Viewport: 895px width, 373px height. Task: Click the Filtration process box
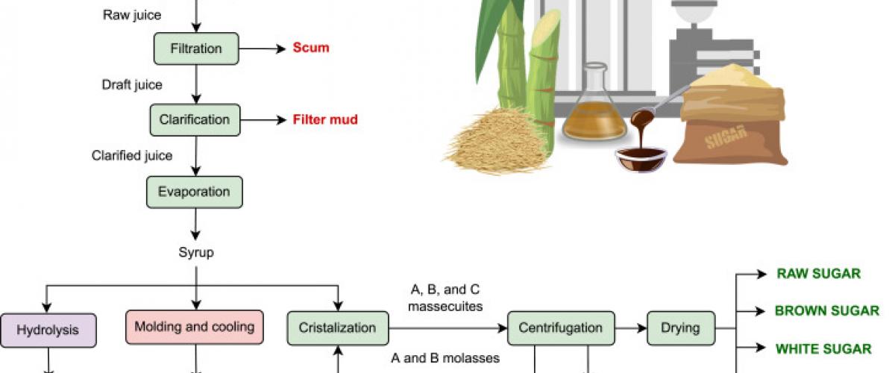(196, 48)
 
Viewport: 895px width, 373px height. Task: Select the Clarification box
(195, 119)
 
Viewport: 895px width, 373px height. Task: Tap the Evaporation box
(194, 192)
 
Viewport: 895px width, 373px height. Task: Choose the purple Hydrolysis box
(48, 328)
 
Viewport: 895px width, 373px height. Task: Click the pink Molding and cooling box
(195, 327)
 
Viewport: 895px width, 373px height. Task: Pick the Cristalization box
(338, 327)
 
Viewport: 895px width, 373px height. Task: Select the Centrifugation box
(560, 327)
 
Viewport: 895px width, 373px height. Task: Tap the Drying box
(680, 327)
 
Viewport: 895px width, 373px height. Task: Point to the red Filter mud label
(325, 119)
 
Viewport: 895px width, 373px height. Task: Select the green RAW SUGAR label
(819, 274)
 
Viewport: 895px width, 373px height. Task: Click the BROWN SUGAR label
(827, 310)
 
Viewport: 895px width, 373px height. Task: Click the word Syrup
(196, 252)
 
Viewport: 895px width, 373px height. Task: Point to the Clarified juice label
(132, 156)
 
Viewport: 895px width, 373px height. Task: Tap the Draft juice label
(132, 84)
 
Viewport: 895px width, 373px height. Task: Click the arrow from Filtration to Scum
(262, 49)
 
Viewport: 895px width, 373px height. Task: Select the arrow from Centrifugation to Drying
(629, 327)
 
